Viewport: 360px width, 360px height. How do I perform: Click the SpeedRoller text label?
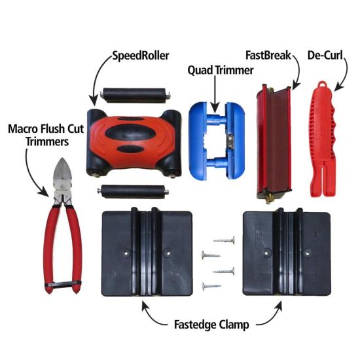(x=141, y=56)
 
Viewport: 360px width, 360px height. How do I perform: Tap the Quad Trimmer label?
(x=221, y=70)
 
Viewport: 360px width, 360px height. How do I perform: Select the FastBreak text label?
(x=268, y=56)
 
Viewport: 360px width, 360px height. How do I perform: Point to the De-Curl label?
(x=325, y=56)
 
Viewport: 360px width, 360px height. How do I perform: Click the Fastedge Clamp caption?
(x=211, y=325)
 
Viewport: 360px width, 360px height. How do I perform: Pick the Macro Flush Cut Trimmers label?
(x=46, y=135)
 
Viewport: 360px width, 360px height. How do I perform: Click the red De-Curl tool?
(x=323, y=140)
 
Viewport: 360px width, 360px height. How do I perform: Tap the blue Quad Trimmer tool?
(x=217, y=141)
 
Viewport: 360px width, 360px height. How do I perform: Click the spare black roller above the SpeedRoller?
(x=135, y=95)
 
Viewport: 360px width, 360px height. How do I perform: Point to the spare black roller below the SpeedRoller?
(x=133, y=192)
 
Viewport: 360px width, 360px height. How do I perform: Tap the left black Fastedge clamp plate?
(x=147, y=253)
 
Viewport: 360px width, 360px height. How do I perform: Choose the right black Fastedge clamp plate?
(x=287, y=253)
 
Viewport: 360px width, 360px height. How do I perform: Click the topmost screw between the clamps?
(x=225, y=240)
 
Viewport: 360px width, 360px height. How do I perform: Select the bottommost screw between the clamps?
(x=211, y=286)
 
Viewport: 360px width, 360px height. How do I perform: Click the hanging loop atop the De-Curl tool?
(x=322, y=84)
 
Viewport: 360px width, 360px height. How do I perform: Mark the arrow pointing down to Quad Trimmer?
(x=215, y=94)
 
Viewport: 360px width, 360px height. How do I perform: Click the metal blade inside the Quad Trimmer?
(x=230, y=139)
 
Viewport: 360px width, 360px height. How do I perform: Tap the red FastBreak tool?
(x=274, y=143)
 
